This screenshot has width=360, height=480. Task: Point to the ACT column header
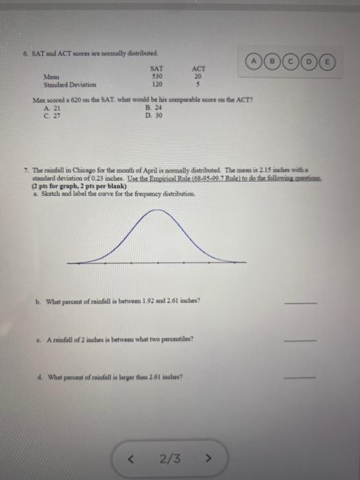pos(200,69)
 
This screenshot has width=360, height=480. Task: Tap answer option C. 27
pos(48,115)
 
